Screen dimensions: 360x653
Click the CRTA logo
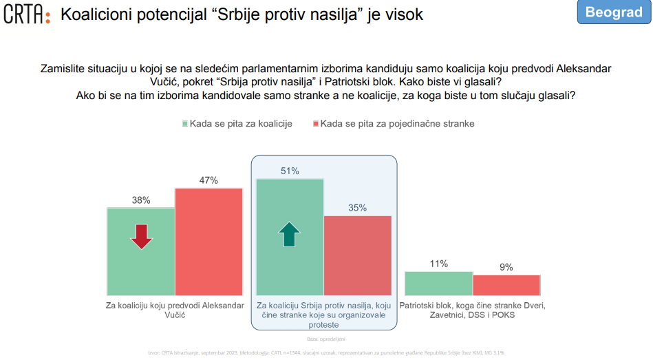27,14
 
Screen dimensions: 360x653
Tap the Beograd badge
614,13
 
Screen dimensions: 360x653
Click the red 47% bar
208,241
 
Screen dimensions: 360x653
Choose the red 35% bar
357,255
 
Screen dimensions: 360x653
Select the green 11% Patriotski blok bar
438,283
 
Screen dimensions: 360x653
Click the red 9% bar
506,284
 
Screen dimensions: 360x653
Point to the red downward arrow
141,236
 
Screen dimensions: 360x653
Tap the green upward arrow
290,234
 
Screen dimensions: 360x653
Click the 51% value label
290,171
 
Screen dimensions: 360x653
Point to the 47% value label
208,180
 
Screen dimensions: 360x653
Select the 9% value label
506,267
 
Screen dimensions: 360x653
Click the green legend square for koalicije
185,124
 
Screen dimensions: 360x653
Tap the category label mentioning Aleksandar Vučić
175,309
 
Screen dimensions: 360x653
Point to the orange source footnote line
326,352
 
